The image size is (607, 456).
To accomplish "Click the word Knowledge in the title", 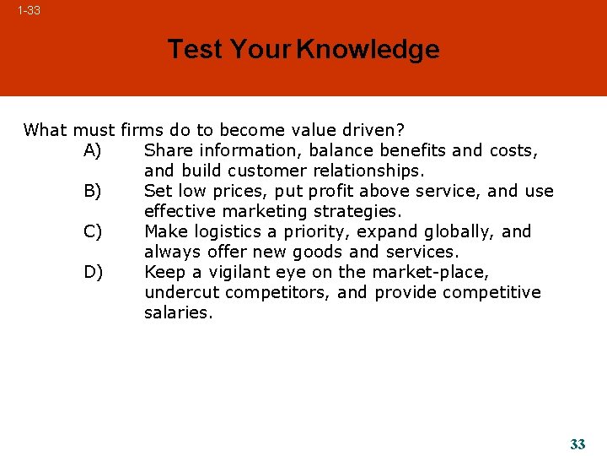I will coord(368,50).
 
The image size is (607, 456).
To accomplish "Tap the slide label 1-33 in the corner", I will coord(29,11).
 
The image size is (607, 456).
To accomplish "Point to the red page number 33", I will coord(577,444).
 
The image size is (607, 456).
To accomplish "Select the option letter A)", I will coord(93,151).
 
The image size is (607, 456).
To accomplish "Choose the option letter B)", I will coord(93,192).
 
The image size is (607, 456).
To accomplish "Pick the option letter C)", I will coord(93,232).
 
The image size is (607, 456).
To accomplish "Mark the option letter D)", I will coord(93,273).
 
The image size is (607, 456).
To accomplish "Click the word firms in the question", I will coord(143,130).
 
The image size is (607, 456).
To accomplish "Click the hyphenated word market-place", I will coord(428,273).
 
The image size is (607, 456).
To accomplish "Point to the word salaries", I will coord(179,313).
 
